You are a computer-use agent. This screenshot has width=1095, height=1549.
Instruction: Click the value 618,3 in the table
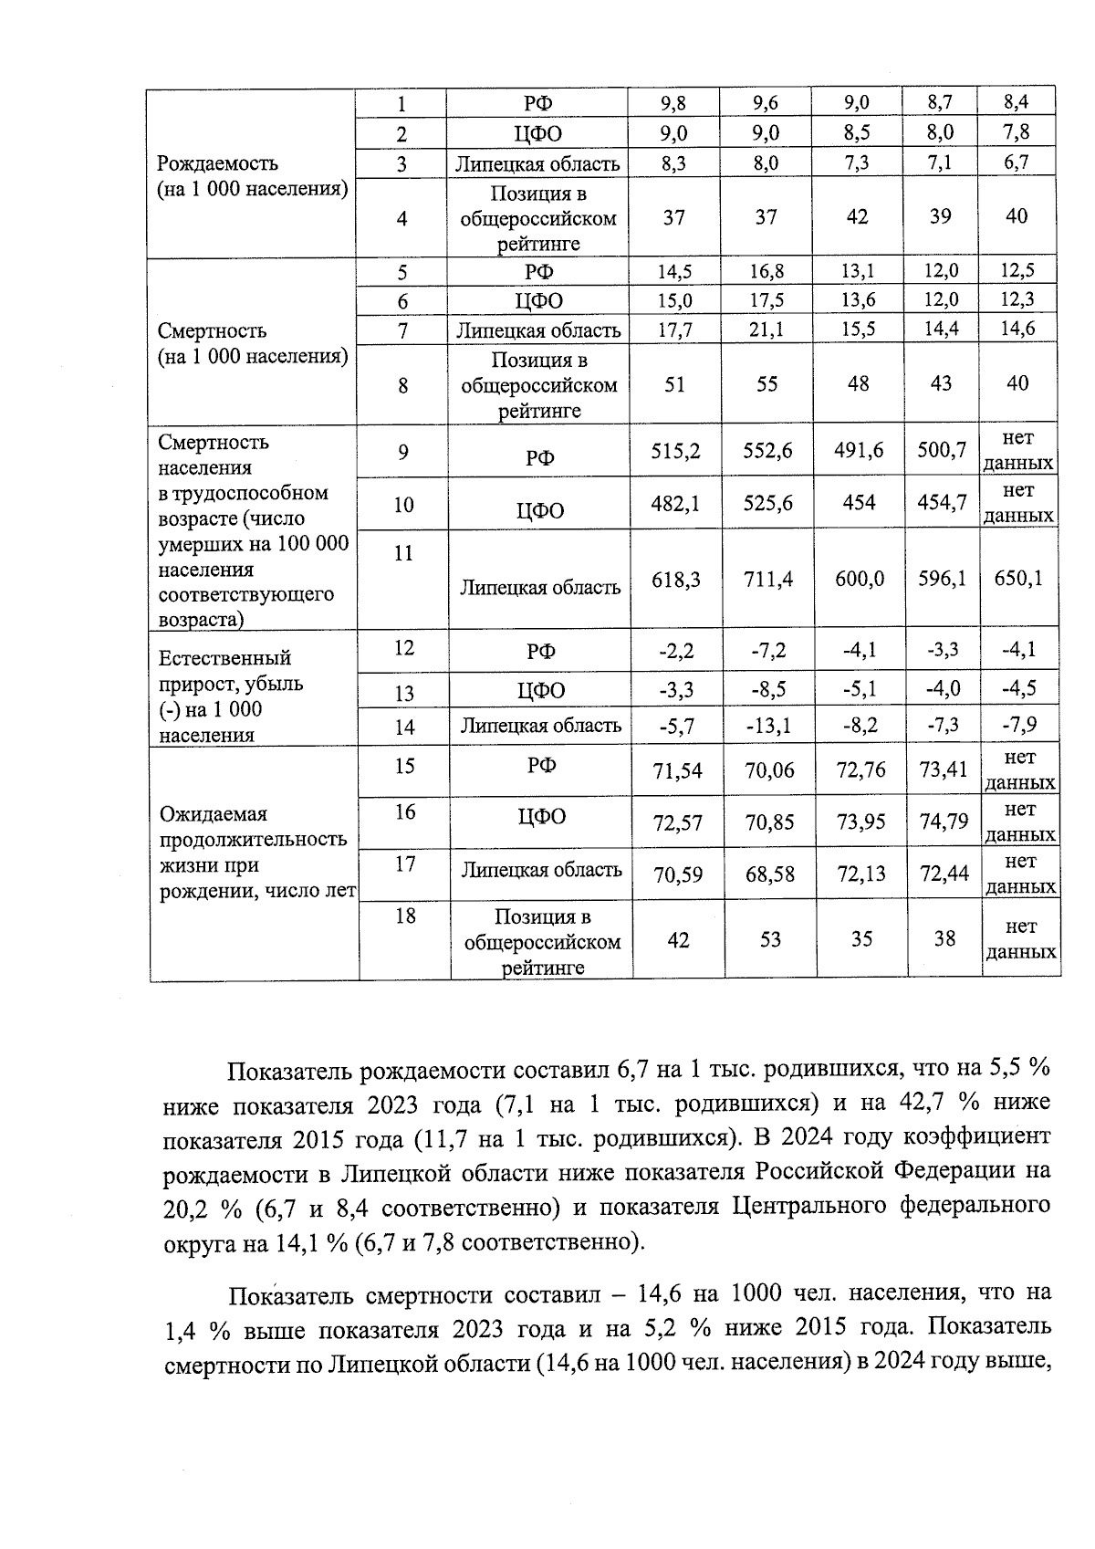point(675,580)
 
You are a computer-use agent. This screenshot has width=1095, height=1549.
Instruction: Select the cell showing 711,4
point(768,580)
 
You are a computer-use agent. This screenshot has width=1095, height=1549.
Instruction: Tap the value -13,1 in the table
point(768,727)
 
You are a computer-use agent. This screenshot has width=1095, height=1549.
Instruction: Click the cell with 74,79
point(944,822)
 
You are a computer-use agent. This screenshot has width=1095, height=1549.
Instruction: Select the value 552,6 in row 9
point(767,451)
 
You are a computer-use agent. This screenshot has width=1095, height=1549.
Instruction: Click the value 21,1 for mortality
point(766,330)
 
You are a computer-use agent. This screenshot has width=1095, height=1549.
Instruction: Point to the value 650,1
point(1018,579)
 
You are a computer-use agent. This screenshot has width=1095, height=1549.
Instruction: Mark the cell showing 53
point(770,939)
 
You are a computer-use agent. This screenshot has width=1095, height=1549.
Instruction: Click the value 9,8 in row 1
point(673,104)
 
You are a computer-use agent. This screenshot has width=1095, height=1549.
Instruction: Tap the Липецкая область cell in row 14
point(541,727)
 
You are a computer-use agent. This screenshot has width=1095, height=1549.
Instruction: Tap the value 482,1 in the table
point(675,503)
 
